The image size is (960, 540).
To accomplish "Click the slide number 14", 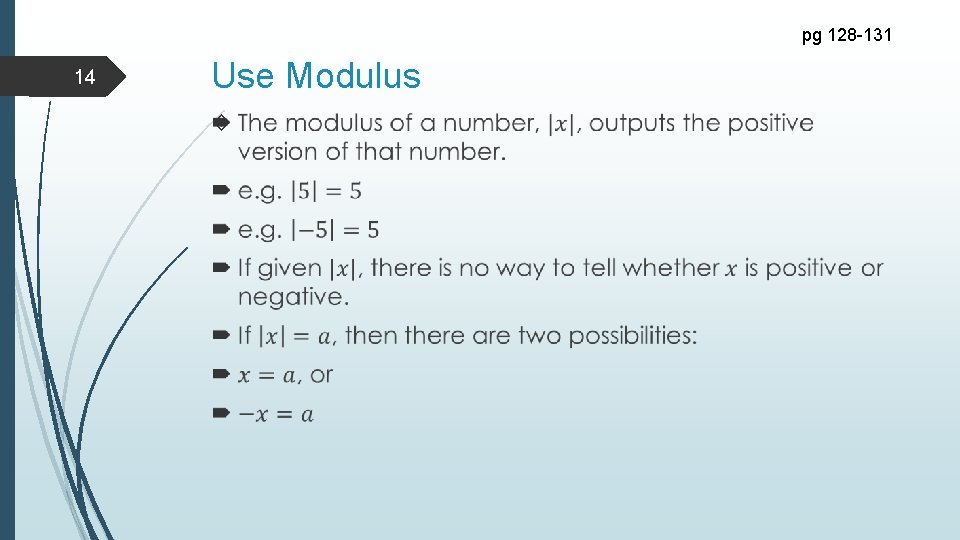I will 85,78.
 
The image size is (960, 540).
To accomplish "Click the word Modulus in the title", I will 353,76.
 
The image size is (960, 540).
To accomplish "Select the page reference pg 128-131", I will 848,37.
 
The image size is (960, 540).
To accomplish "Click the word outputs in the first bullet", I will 633,123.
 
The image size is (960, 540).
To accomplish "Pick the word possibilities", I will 633,336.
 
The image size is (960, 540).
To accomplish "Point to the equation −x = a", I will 276,414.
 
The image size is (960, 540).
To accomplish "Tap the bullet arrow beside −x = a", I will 222,413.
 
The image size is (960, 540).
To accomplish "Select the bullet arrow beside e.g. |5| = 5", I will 222,190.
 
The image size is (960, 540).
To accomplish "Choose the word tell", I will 568,268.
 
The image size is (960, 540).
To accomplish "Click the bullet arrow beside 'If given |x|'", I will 222,267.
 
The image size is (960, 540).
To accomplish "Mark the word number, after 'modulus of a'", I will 490,123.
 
